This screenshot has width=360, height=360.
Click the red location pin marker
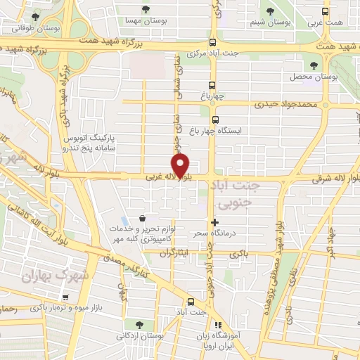(x=181, y=166)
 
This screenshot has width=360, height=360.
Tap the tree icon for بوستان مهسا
(x=146, y=10)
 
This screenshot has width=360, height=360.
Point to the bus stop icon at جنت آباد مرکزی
(x=213, y=41)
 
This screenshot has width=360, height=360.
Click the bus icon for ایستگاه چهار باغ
(x=216, y=119)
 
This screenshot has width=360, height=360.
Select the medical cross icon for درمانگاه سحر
(x=214, y=222)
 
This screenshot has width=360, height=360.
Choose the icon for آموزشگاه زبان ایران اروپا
(x=218, y=325)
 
